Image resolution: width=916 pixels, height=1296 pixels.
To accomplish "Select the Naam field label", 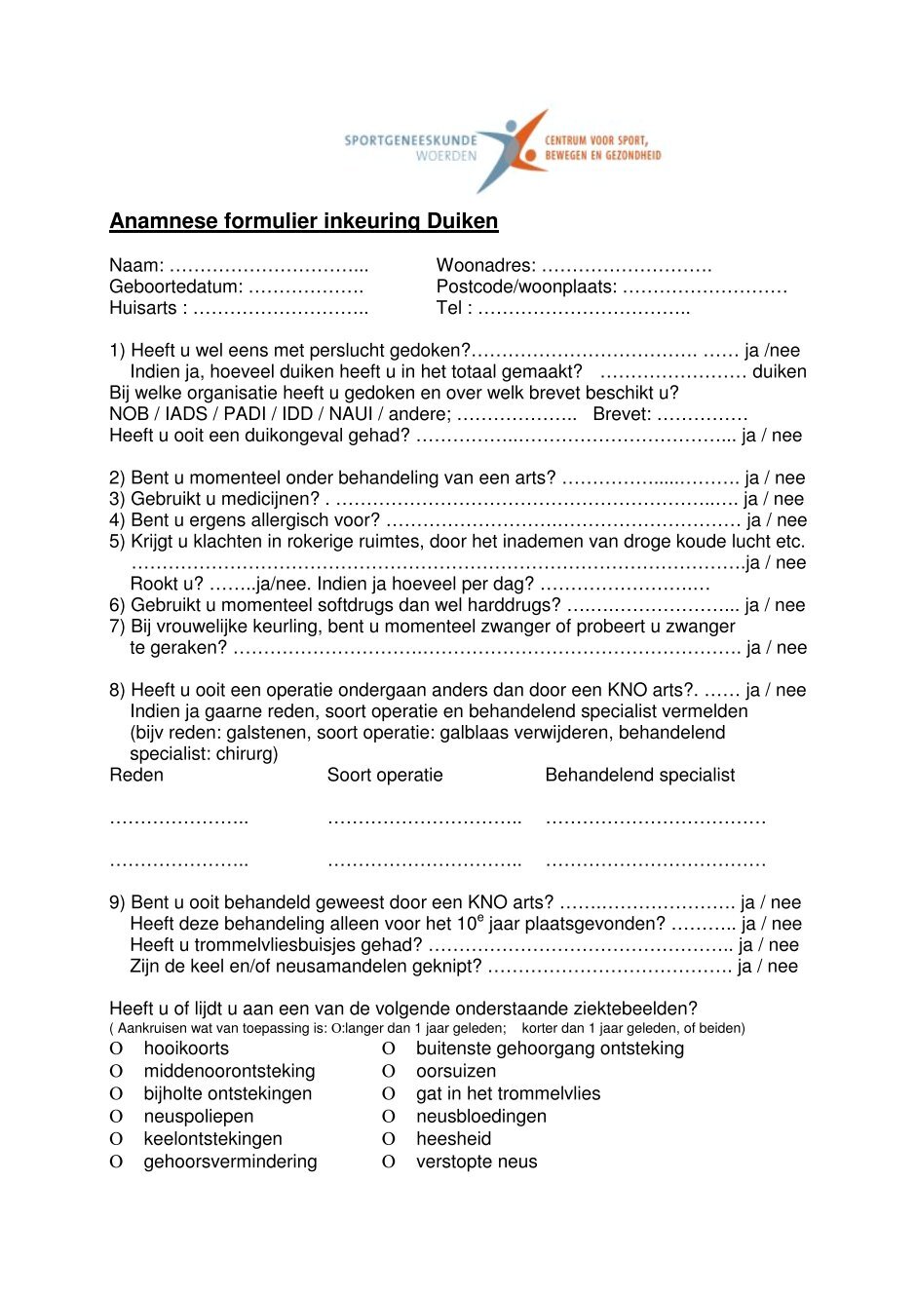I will click(x=136, y=265).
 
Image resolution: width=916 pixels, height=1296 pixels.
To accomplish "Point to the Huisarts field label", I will click(x=143, y=308).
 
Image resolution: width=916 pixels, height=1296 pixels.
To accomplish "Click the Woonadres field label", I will click(x=485, y=265).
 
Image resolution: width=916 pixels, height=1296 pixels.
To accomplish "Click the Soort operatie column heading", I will click(x=385, y=776).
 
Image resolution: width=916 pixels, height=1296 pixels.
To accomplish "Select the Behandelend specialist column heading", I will click(x=640, y=776).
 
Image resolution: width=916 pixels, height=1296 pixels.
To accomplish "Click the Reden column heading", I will click(x=136, y=776).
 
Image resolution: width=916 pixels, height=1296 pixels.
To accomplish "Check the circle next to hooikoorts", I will click(x=116, y=1049).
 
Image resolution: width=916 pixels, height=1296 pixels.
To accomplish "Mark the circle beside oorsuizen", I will click(x=389, y=1072).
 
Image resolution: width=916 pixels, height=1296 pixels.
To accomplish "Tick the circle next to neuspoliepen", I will click(x=116, y=1117).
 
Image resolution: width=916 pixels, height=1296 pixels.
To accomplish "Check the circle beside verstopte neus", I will click(x=389, y=1163).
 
